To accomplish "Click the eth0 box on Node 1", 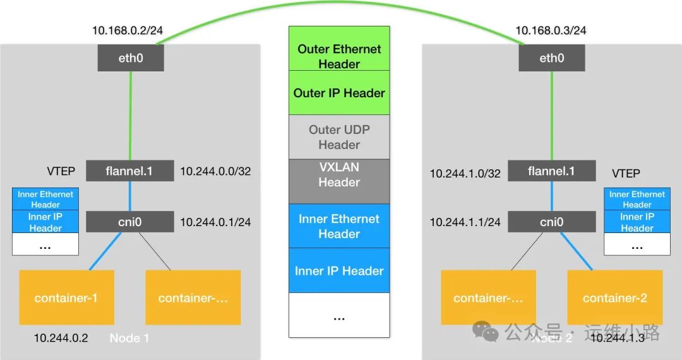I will click(x=131, y=59).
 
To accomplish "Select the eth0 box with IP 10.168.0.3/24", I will click(x=551, y=59).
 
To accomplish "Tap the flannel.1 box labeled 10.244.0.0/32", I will click(x=129, y=171).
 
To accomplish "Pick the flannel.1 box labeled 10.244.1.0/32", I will click(x=551, y=171).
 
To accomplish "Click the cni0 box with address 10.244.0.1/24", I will click(x=129, y=222).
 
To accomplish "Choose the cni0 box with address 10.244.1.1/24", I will click(x=551, y=222).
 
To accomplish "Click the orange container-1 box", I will click(x=66, y=297).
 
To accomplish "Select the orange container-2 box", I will click(x=614, y=297).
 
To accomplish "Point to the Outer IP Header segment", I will click(x=339, y=93).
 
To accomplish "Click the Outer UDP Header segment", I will click(x=339, y=137).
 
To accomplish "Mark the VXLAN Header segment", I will click(x=339, y=181).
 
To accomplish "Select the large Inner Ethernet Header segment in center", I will click(x=339, y=226).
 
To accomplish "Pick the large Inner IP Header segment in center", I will click(x=339, y=271).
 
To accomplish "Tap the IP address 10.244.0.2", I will click(x=61, y=338).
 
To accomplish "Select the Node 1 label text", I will click(x=129, y=338).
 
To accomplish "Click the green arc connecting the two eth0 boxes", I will click(x=341, y=4).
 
